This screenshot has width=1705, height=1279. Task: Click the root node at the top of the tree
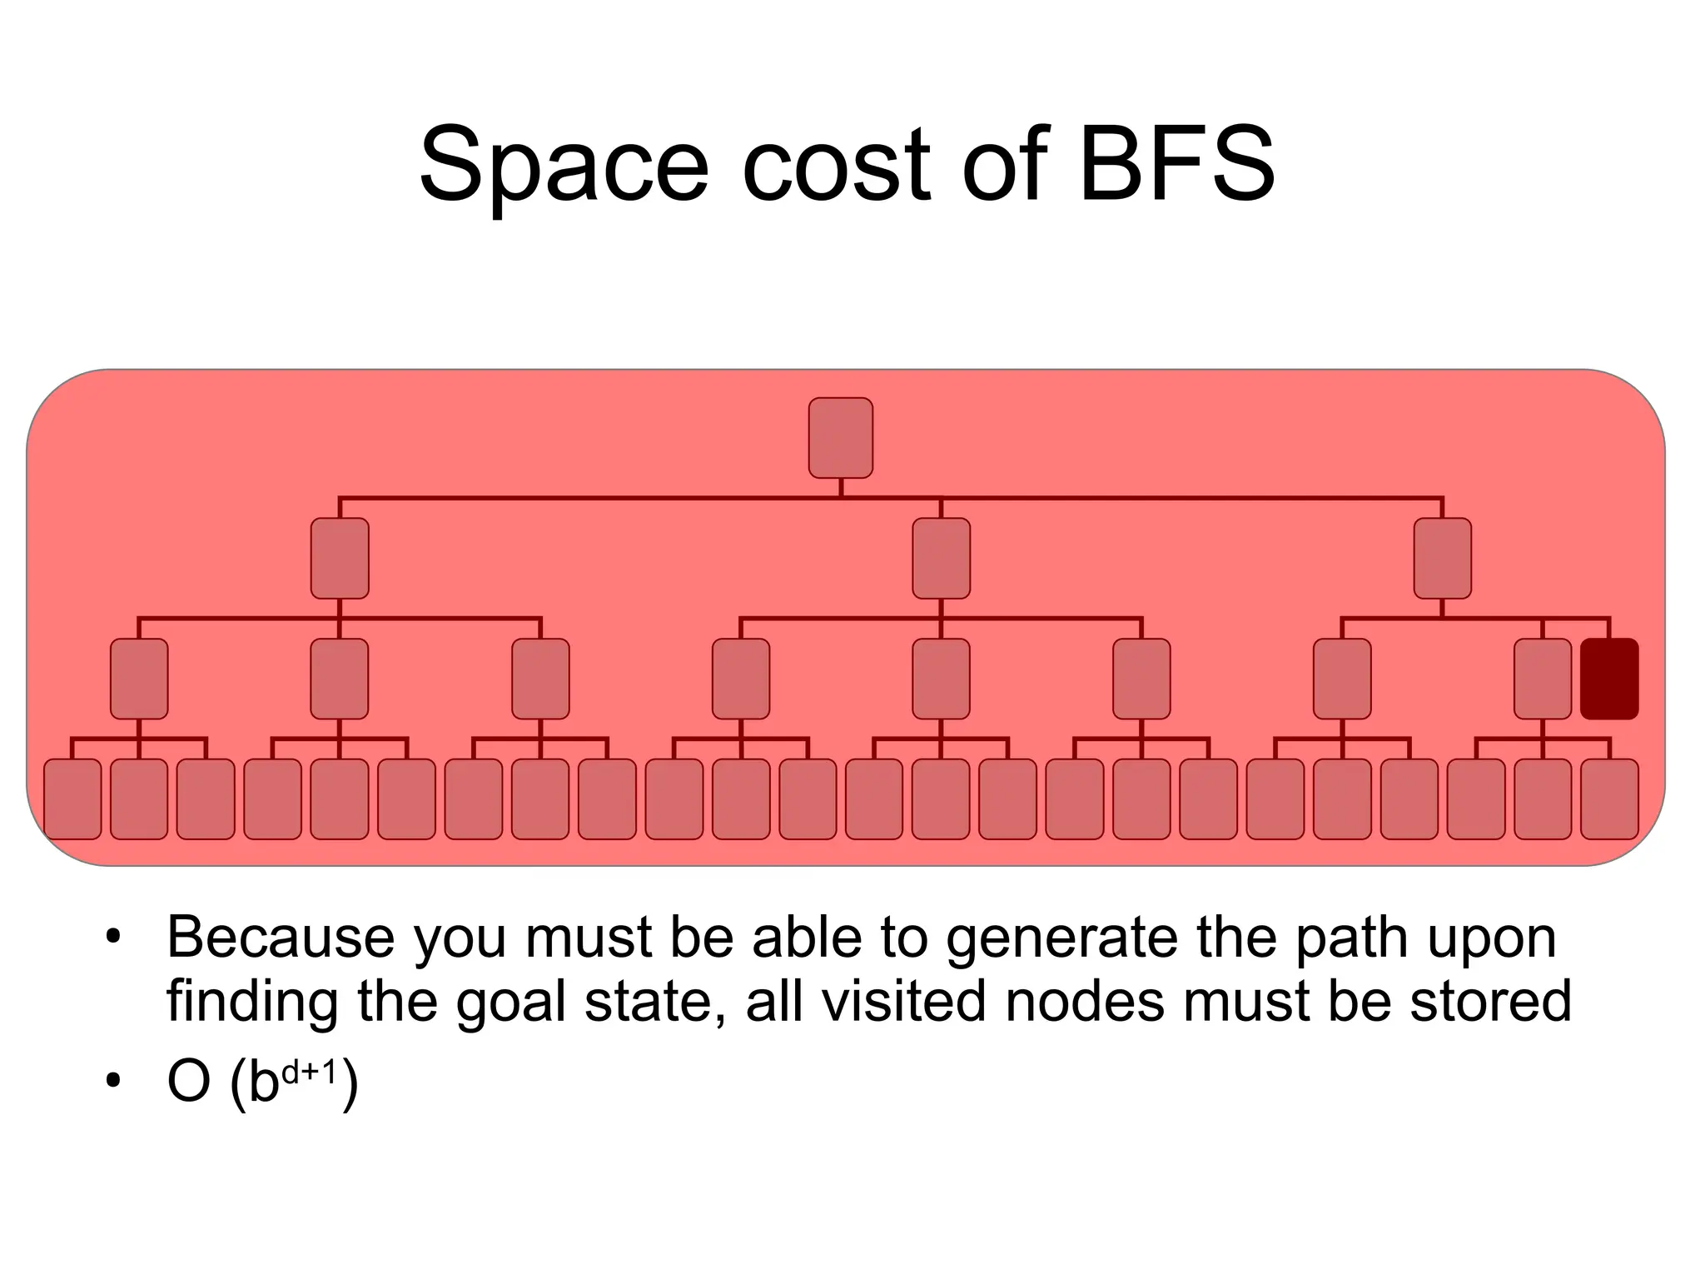click(x=841, y=438)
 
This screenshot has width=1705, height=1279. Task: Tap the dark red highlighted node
click(x=1609, y=679)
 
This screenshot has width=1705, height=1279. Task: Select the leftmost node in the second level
click(x=340, y=558)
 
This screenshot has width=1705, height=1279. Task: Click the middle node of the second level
click(x=941, y=558)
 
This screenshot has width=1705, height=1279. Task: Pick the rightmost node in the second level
click(x=1442, y=558)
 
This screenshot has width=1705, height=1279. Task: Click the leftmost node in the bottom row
click(x=72, y=799)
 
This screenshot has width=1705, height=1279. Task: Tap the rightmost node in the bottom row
click(x=1609, y=799)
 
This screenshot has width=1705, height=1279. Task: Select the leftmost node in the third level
click(x=139, y=679)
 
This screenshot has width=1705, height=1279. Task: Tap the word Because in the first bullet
click(x=281, y=938)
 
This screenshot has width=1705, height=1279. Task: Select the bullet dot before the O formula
click(x=113, y=1082)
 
